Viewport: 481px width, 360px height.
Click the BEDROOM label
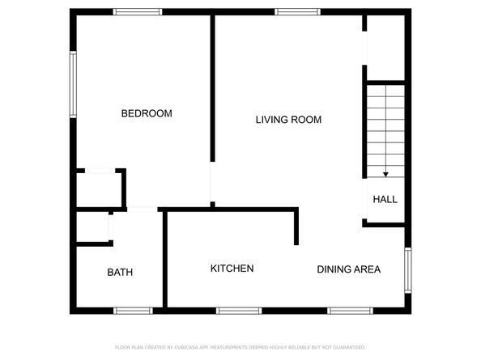(x=147, y=113)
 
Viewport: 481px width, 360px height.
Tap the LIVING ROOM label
(x=288, y=120)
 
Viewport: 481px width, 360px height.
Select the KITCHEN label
(x=232, y=269)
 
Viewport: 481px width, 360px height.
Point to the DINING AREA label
(x=348, y=269)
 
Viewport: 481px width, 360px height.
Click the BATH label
(x=120, y=273)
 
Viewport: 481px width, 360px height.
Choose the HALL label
(x=385, y=199)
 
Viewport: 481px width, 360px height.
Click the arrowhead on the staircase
(x=385, y=173)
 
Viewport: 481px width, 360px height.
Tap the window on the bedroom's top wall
(x=138, y=12)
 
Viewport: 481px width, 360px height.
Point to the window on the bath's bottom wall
(x=132, y=310)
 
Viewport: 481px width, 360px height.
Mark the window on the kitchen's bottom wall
(x=239, y=310)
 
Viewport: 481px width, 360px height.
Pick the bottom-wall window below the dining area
(x=350, y=310)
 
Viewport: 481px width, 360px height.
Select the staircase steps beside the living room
(x=385, y=129)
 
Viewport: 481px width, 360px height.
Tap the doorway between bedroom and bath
(x=142, y=210)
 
